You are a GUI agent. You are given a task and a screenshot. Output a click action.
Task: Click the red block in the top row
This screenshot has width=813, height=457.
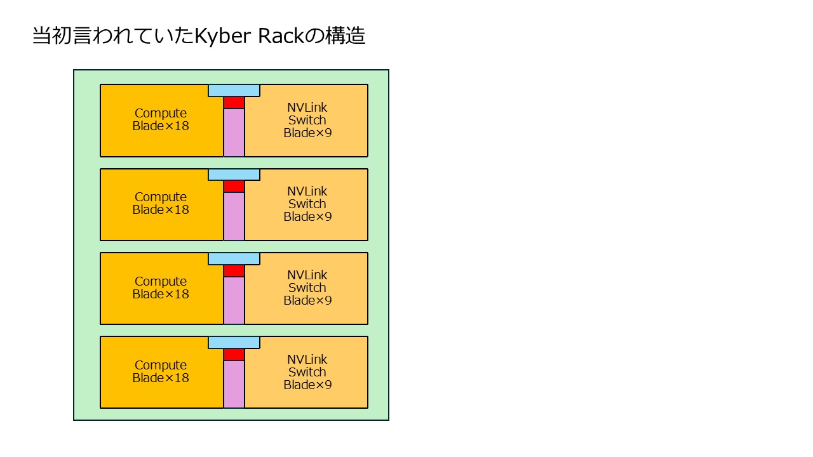click(234, 103)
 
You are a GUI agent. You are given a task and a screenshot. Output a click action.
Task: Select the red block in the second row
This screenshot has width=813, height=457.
click(234, 187)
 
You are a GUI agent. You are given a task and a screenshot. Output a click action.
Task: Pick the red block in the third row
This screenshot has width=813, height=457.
click(234, 271)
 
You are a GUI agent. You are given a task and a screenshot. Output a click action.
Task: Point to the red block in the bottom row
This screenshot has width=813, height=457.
click(234, 355)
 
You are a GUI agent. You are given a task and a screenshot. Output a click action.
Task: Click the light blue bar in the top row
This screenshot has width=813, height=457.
click(234, 91)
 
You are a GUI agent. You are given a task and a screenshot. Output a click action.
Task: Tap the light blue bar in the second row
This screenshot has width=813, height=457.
click(234, 175)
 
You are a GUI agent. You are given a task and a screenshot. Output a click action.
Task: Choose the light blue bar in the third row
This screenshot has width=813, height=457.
click(234, 259)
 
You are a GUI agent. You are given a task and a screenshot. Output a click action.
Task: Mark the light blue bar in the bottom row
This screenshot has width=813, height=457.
click(234, 343)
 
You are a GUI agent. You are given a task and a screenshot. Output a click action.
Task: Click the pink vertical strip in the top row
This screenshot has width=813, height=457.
click(234, 133)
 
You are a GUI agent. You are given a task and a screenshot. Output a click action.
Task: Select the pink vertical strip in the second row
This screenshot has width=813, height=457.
click(234, 216)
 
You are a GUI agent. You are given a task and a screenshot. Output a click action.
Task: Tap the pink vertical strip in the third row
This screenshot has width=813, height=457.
click(234, 300)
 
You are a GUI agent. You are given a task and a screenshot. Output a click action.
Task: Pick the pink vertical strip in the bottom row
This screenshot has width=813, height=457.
click(234, 384)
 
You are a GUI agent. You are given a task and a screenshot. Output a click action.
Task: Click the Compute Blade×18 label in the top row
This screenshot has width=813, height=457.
click(161, 120)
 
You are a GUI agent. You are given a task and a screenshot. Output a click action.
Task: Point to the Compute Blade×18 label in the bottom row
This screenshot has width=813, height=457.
click(161, 371)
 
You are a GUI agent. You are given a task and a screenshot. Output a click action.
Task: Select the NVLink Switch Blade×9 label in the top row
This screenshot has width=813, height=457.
click(307, 120)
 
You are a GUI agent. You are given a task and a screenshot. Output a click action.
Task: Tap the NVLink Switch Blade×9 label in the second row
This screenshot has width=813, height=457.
click(307, 204)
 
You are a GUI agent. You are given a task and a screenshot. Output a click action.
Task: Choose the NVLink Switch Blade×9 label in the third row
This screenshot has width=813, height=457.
click(307, 288)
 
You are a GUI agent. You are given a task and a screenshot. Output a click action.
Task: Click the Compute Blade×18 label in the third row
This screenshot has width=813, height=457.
click(161, 288)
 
